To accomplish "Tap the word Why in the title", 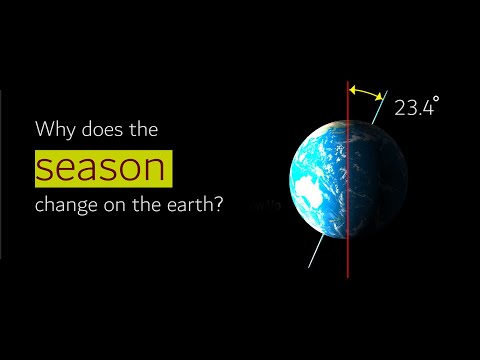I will [x=52, y=130].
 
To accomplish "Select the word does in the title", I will [x=100, y=130].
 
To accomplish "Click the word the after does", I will [x=143, y=130].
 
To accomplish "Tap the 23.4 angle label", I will [x=412, y=109].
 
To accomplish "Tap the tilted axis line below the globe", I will [x=316, y=254].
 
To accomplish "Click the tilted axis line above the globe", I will [x=377, y=113].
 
